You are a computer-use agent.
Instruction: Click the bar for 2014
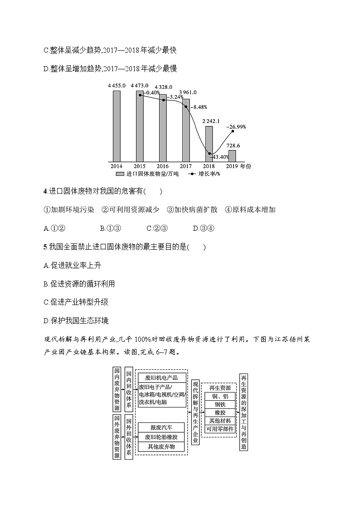point(117,126)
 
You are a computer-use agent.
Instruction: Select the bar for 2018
point(209,144)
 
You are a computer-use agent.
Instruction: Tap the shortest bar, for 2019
point(232,156)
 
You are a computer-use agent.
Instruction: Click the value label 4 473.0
point(139,86)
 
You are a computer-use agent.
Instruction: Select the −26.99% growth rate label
point(236,127)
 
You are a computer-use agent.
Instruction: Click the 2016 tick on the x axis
point(163,166)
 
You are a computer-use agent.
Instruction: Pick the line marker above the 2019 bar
point(233,131)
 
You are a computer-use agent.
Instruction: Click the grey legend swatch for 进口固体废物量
point(120,174)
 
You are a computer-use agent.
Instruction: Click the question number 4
point(45,192)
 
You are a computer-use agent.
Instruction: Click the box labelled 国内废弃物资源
point(117,389)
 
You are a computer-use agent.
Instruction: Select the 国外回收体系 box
point(128,436)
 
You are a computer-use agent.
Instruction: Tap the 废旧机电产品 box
point(161,377)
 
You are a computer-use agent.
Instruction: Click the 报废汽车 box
point(161,427)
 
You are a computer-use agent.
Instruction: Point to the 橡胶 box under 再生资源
point(220,412)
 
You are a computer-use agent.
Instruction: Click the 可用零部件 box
point(220,428)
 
